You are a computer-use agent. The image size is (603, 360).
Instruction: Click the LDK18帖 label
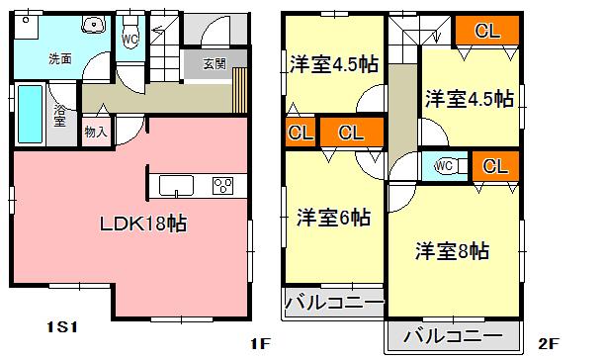point(143,223)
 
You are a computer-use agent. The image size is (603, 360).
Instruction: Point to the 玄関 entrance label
point(215,64)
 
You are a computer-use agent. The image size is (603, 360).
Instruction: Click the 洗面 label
point(60,58)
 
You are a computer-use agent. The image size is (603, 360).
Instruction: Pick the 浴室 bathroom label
point(60,116)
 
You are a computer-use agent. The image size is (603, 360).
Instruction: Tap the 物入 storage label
point(95,131)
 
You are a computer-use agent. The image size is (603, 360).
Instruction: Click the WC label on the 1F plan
point(129,40)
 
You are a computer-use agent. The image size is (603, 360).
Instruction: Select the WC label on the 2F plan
point(444,165)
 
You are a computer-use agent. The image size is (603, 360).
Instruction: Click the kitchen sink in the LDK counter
point(176,185)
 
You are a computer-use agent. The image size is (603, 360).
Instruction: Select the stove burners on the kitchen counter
point(220,185)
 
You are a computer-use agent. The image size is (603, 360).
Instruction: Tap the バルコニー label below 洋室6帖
point(334,303)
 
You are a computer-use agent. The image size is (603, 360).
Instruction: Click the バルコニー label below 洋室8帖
point(454,332)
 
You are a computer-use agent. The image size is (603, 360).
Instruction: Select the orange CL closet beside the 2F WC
point(494,165)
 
